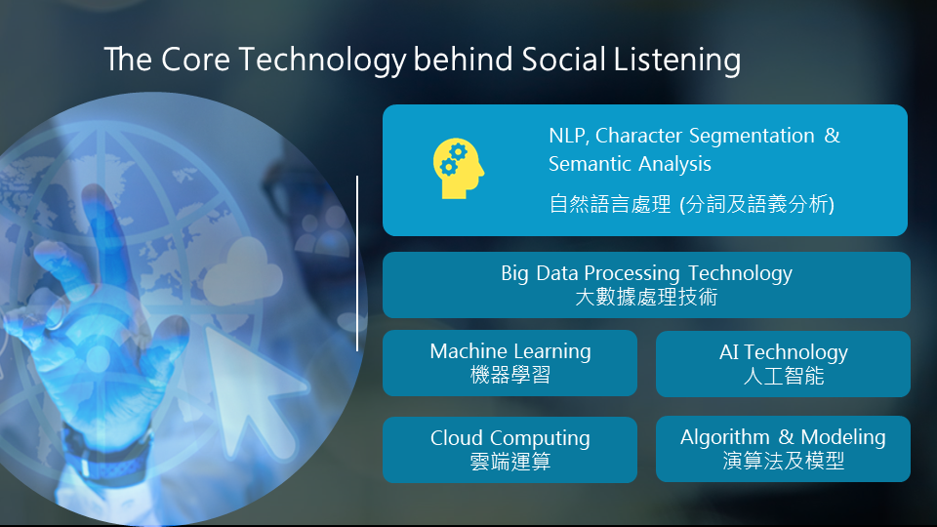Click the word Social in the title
click(563, 60)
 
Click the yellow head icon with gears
click(459, 169)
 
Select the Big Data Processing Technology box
click(646, 285)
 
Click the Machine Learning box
click(509, 363)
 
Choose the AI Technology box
click(783, 364)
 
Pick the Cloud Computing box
click(509, 449)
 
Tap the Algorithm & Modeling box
click(783, 449)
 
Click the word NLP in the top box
click(569, 136)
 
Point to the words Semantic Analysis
click(630, 164)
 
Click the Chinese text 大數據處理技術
click(646, 297)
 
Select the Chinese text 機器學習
click(509, 375)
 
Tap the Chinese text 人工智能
click(784, 376)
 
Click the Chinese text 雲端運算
click(509, 462)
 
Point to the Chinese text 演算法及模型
click(783, 461)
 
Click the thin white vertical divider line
click(357, 263)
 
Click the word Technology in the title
click(322, 61)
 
